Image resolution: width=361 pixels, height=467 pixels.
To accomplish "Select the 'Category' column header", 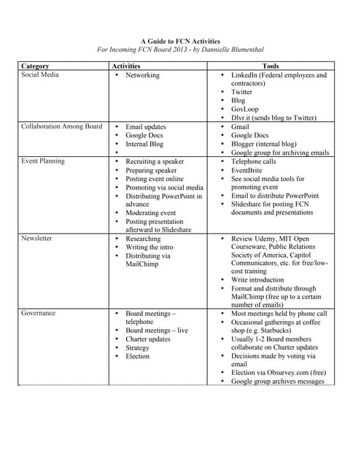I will click(36, 66).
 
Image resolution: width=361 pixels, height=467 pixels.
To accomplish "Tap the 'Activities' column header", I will click(128, 66).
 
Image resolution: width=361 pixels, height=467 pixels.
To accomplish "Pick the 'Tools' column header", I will click(270, 66).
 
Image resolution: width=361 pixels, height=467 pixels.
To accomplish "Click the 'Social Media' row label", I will click(41, 75).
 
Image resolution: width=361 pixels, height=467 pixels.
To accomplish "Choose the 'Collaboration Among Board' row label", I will click(62, 126).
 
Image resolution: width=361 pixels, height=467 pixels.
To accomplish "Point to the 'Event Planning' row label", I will click(43, 161).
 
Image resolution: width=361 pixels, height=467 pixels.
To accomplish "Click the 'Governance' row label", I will click(39, 313).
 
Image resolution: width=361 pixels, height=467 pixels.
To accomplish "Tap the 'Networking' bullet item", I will click(142, 75).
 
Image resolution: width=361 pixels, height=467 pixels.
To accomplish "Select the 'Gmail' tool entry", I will click(240, 126).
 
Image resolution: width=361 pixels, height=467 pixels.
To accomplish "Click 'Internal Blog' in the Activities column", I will click(144, 144).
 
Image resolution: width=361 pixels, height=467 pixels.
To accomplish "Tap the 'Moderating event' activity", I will click(150, 212).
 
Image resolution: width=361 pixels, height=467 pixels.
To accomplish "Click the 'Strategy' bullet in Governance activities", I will click(137, 347).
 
